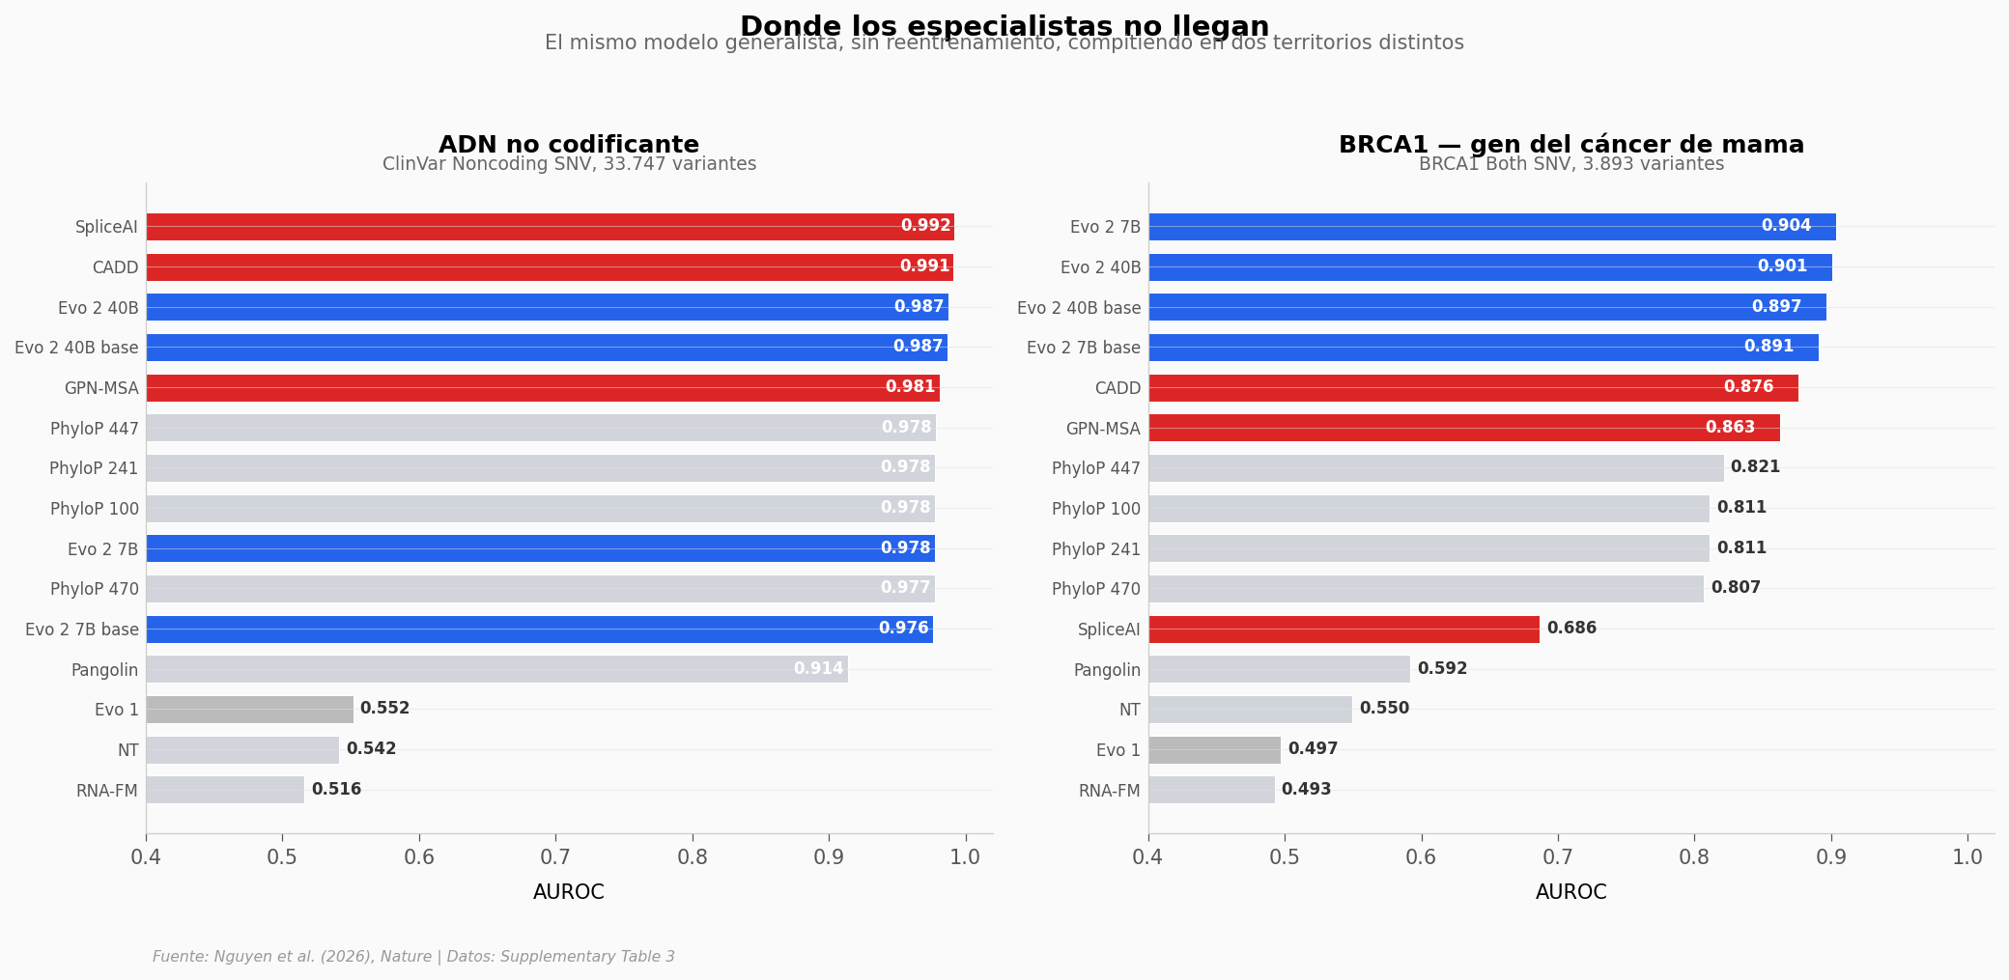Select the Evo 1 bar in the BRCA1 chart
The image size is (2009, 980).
coord(1214,750)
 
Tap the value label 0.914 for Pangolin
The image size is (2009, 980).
coord(818,669)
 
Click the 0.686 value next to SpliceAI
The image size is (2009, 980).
coord(1571,629)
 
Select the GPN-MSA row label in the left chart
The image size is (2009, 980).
coord(101,388)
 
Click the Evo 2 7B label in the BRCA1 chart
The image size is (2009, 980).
coord(1105,227)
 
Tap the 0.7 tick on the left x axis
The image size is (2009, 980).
coord(555,857)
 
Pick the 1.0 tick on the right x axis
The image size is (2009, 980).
coord(1967,857)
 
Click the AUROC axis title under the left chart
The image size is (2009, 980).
coord(568,892)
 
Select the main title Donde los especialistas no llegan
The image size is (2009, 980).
coord(1004,26)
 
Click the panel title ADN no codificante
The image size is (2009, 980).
coord(568,145)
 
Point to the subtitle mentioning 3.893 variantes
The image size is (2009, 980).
coord(1570,164)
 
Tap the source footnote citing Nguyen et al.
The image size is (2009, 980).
coord(413,957)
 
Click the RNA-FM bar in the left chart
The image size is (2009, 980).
coord(225,790)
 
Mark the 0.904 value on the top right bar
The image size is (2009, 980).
coord(1786,226)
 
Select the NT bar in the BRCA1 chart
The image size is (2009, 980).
coord(1250,710)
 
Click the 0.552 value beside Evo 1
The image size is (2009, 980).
coord(384,709)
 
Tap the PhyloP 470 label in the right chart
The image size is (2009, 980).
coord(1095,589)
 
